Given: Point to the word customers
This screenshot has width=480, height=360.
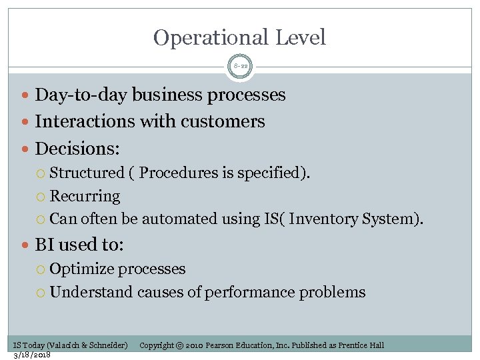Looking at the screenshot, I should (231, 121).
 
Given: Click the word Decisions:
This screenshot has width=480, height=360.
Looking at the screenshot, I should (77, 148).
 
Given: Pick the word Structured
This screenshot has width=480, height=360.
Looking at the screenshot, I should (87, 173).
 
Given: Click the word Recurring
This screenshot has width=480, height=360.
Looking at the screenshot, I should (85, 196).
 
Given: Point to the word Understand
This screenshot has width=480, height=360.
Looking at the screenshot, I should (91, 292).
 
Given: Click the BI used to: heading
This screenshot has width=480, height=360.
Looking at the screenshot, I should (79, 245).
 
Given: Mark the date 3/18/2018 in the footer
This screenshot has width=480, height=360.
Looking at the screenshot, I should (32, 354).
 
